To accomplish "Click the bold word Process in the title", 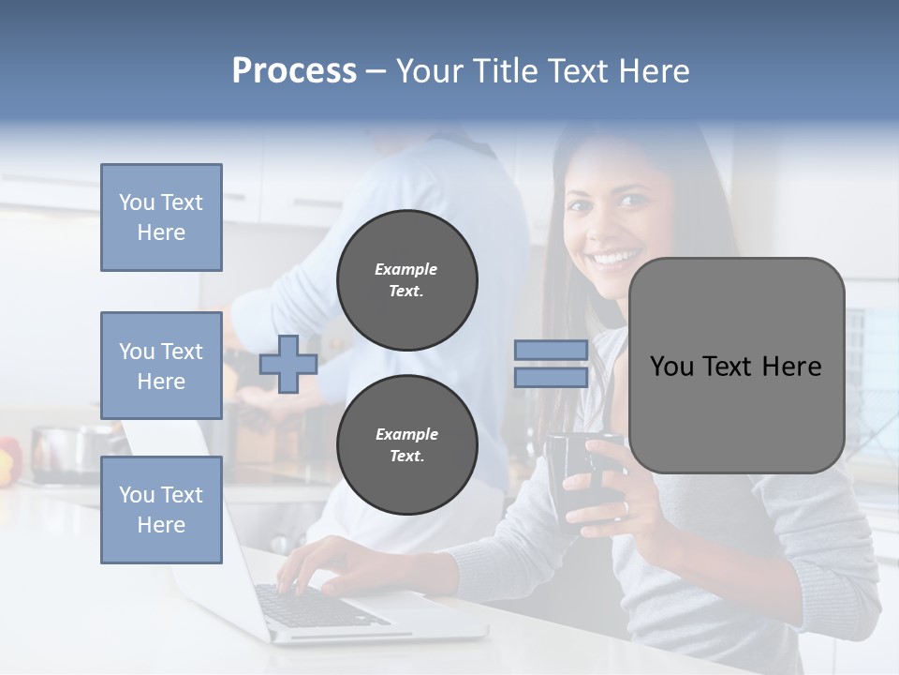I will coord(294,71).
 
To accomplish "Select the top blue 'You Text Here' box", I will coord(161,217).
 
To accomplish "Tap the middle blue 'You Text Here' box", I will coord(161,366).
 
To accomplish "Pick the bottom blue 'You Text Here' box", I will coord(161,509).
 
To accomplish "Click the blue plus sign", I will coord(287,364).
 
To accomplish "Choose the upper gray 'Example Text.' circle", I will coord(406,280).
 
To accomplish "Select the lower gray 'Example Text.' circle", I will coord(406,444).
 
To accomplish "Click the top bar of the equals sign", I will coord(551,351).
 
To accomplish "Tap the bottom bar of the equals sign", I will coord(551,377).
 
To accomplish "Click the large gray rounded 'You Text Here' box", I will coord(736,366).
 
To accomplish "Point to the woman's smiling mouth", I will coord(614,256).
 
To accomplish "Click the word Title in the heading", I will coord(507,71).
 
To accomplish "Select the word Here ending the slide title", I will coord(656,71).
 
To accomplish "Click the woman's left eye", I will coord(635,200).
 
